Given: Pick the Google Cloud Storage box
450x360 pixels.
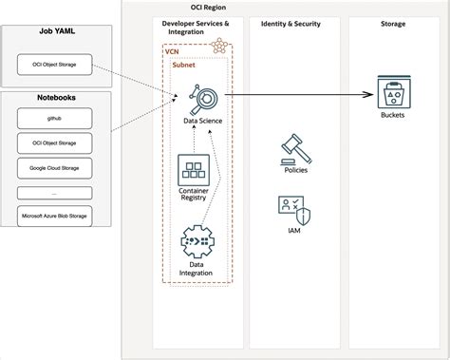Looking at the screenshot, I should [55, 167].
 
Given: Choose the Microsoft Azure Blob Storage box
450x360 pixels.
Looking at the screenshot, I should [55, 217].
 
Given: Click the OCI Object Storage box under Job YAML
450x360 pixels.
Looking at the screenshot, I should [55, 65].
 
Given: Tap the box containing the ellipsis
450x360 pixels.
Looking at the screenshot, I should [55, 192].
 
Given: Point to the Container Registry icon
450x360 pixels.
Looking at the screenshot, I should [195, 172].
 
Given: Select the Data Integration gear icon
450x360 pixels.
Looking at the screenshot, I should [195, 242].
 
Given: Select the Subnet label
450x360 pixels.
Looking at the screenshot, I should [184, 66].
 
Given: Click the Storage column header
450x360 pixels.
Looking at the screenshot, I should [392, 23].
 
